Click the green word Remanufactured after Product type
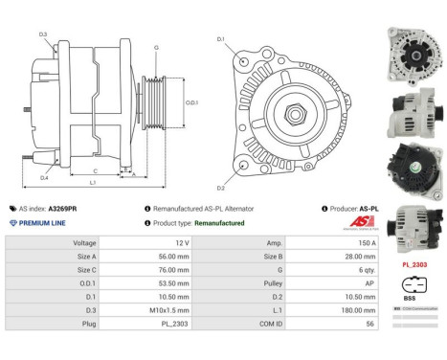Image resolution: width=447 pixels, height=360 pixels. coord(218,222)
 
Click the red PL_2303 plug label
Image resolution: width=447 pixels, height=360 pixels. coord(413,262)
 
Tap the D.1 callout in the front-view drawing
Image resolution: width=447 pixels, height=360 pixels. coord(220,40)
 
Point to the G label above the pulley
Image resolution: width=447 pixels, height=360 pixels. coord(156,46)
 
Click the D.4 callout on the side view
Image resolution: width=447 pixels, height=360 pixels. coord(44,177)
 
